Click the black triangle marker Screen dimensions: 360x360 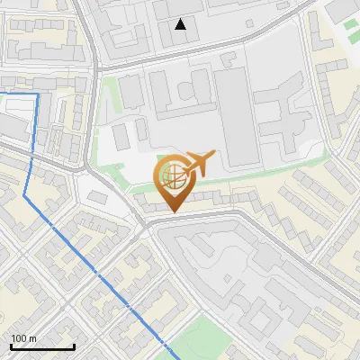(x=181, y=24)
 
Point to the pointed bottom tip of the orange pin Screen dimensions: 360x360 (x=173, y=212)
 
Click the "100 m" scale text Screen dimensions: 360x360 (x=23, y=338)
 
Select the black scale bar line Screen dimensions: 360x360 (x=41, y=346)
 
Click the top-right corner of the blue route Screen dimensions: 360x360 (x=38, y=94)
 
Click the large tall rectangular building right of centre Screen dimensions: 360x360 (x=233, y=117)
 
